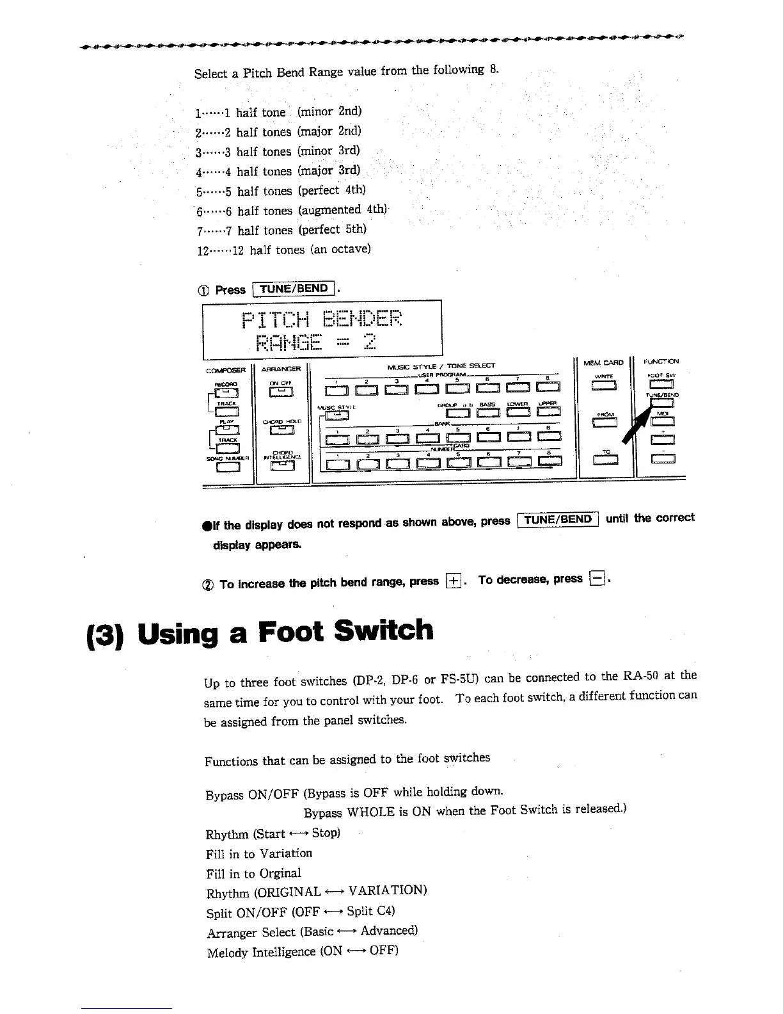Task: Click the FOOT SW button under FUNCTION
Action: pyautogui.click(x=661, y=384)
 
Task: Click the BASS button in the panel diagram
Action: pyautogui.click(x=487, y=412)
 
